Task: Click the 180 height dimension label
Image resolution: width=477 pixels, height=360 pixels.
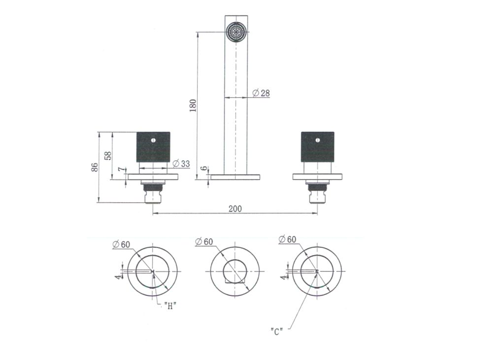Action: (x=193, y=106)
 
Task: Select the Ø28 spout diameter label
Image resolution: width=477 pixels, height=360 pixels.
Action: (x=261, y=93)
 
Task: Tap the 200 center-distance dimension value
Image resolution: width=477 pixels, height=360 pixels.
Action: (x=235, y=209)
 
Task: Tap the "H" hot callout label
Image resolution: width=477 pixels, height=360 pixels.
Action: (x=170, y=306)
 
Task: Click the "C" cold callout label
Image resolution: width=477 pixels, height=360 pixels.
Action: (x=276, y=331)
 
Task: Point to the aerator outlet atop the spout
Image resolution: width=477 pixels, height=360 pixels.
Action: (x=236, y=32)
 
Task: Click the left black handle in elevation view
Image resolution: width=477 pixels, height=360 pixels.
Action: (x=153, y=146)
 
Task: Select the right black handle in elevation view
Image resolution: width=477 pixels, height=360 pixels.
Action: (x=318, y=146)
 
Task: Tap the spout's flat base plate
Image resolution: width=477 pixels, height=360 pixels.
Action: (x=235, y=176)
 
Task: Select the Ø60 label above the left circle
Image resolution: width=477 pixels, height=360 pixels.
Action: (x=121, y=244)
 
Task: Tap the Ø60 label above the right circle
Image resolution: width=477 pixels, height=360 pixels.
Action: (x=287, y=239)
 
